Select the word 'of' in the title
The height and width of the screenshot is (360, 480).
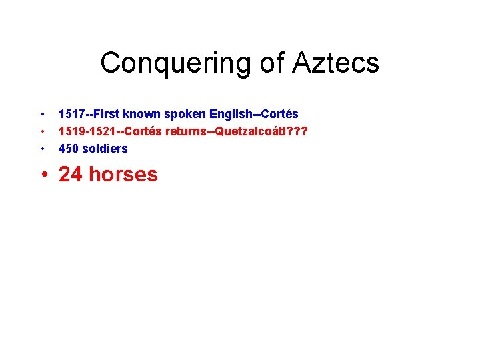271,63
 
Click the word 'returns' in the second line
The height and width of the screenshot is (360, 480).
189,131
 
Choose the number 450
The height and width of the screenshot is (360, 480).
69,148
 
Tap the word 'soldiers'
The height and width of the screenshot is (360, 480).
105,148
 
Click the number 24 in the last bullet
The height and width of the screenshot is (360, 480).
71,174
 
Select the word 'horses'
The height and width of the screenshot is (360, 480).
123,174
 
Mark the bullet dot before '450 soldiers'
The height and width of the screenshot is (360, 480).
43,149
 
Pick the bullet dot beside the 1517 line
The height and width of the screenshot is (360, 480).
43,115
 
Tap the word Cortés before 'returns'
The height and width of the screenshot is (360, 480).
144,131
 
